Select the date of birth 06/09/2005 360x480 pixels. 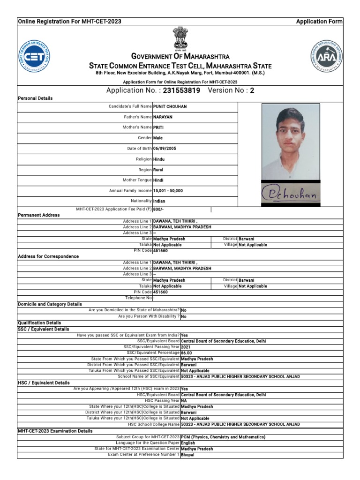(165, 149)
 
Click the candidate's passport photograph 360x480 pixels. (291, 142)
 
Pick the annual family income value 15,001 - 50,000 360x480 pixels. (168, 191)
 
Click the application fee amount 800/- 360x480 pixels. (159, 210)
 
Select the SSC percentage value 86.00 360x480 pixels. (187, 352)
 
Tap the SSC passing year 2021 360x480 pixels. (186, 347)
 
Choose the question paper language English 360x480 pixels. (188, 443)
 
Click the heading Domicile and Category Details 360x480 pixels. (50, 304)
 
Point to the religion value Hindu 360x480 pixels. (159, 159)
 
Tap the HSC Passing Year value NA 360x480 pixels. (184, 401)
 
